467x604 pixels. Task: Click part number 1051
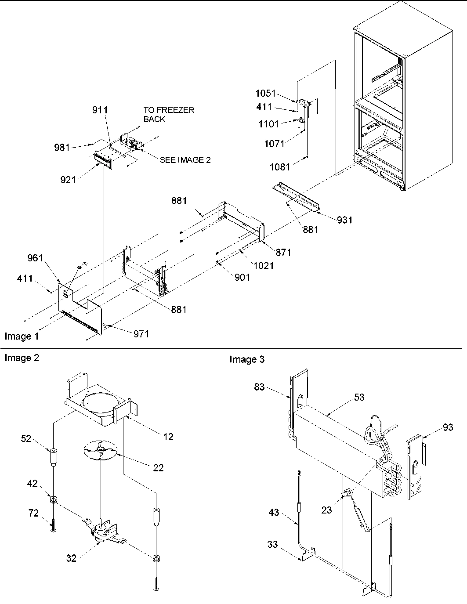pyautogui.click(x=265, y=93)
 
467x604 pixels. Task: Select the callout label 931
pyautogui.click(x=344, y=220)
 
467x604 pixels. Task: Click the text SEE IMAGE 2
pyautogui.click(x=185, y=160)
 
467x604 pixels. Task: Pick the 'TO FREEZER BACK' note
pyautogui.click(x=169, y=114)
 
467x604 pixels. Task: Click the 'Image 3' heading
pyautogui.click(x=247, y=360)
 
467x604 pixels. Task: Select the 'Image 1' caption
pyautogui.click(x=22, y=336)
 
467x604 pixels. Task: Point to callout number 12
pyautogui.click(x=168, y=437)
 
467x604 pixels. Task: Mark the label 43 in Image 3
pyautogui.click(x=274, y=512)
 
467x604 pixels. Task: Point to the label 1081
pyautogui.click(x=279, y=167)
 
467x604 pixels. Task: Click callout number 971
pyautogui.click(x=141, y=334)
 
